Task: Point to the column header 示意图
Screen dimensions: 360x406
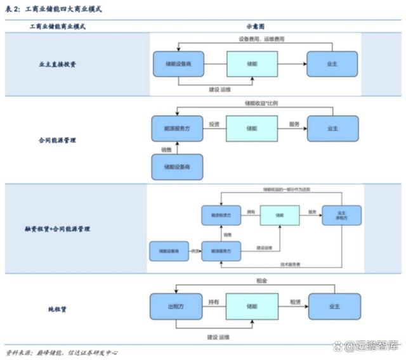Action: pyautogui.click(x=255, y=27)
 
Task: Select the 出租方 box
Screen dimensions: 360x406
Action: pyautogui.click(x=176, y=307)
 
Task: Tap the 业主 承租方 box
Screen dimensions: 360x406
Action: pyautogui.click(x=341, y=215)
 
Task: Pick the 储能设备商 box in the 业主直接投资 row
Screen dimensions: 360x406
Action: pyautogui.click(x=179, y=64)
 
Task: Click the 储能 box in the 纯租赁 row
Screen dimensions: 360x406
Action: pyautogui.click(x=252, y=306)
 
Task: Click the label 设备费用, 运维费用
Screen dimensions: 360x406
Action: pyautogui.click(x=261, y=39)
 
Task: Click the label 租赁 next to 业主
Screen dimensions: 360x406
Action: pyautogui.click(x=296, y=302)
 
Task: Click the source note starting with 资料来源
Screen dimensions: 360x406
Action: pyautogui.click(x=62, y=352)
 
